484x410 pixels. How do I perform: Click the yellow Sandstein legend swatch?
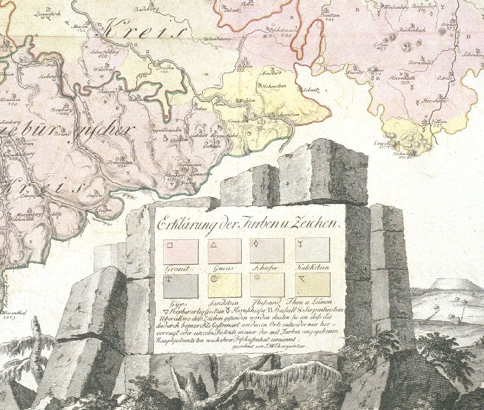point(224,285)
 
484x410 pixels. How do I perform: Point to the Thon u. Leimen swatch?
point(309,285)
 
